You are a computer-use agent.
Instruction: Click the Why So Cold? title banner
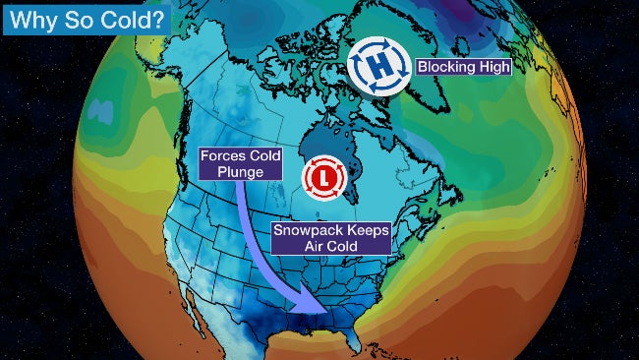(x=87, y=17)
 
